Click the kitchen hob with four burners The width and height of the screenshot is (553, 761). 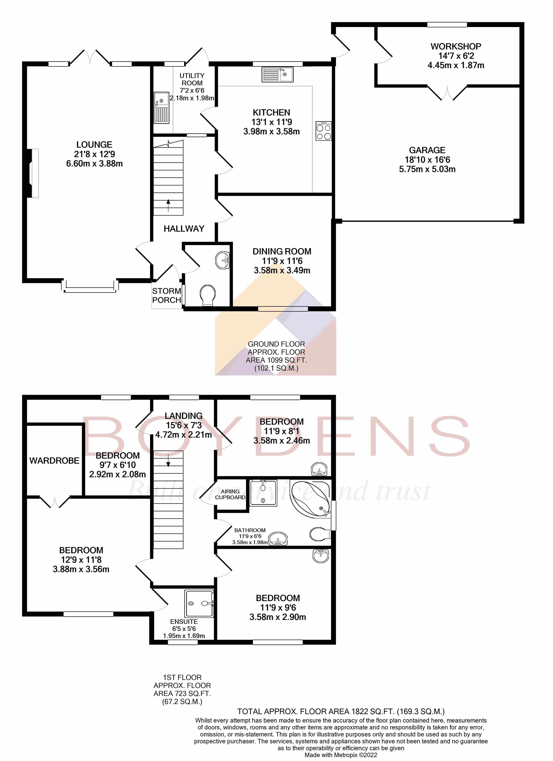(x=324, y=131)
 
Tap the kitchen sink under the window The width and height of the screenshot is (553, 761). (x=277, y=75)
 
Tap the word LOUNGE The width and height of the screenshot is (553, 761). (x=94, y=145)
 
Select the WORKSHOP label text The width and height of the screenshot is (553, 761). (x=456, y=46)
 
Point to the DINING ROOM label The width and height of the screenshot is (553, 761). (x=282, y=251)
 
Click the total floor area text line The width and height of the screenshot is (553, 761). (x=341, y=711)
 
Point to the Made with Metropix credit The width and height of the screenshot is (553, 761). (x=341, y=755)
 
